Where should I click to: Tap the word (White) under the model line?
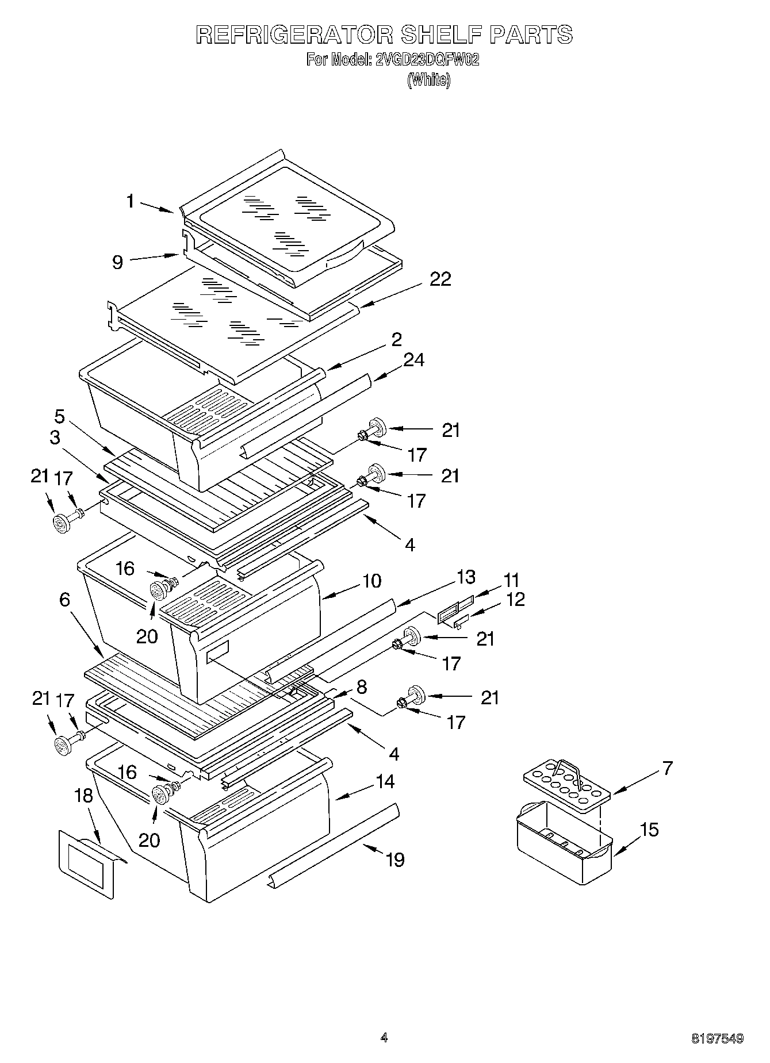pos(428,80)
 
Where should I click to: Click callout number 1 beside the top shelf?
pos(131,201)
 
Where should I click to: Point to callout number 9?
pos(117,263)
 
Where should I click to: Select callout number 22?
pos(440,279)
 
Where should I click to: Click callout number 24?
pos(413,360)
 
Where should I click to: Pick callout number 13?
pos(466,577)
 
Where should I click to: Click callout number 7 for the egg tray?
pos(667,768)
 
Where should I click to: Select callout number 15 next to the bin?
pos(649,830)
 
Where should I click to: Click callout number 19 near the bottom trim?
pos(395,860)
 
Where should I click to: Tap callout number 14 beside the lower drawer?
pos(385,781)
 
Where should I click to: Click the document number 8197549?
pos(717,1038)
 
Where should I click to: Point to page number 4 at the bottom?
pos(384,1038)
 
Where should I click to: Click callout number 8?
pos(361,686)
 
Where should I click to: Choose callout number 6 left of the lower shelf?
pos(64,600)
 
